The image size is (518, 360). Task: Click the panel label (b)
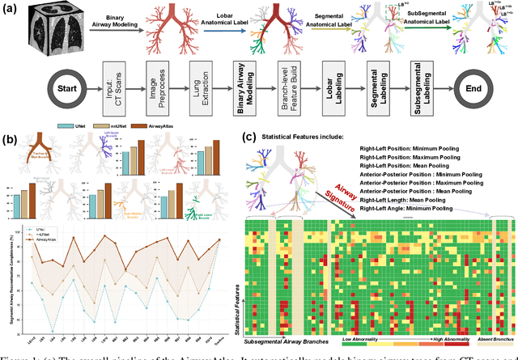click(13, 139)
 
